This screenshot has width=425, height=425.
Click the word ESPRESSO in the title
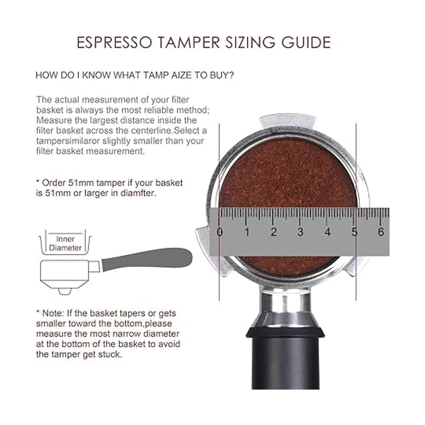(114, 42)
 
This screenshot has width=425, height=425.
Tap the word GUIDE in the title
(306, 42)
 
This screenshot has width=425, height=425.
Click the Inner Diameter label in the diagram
(65, 243)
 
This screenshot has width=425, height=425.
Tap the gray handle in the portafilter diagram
(147, 259)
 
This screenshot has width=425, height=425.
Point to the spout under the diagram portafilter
(65, 291)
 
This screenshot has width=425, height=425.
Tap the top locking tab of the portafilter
(287, 121)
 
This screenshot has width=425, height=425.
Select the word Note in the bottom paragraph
(52, 313)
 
